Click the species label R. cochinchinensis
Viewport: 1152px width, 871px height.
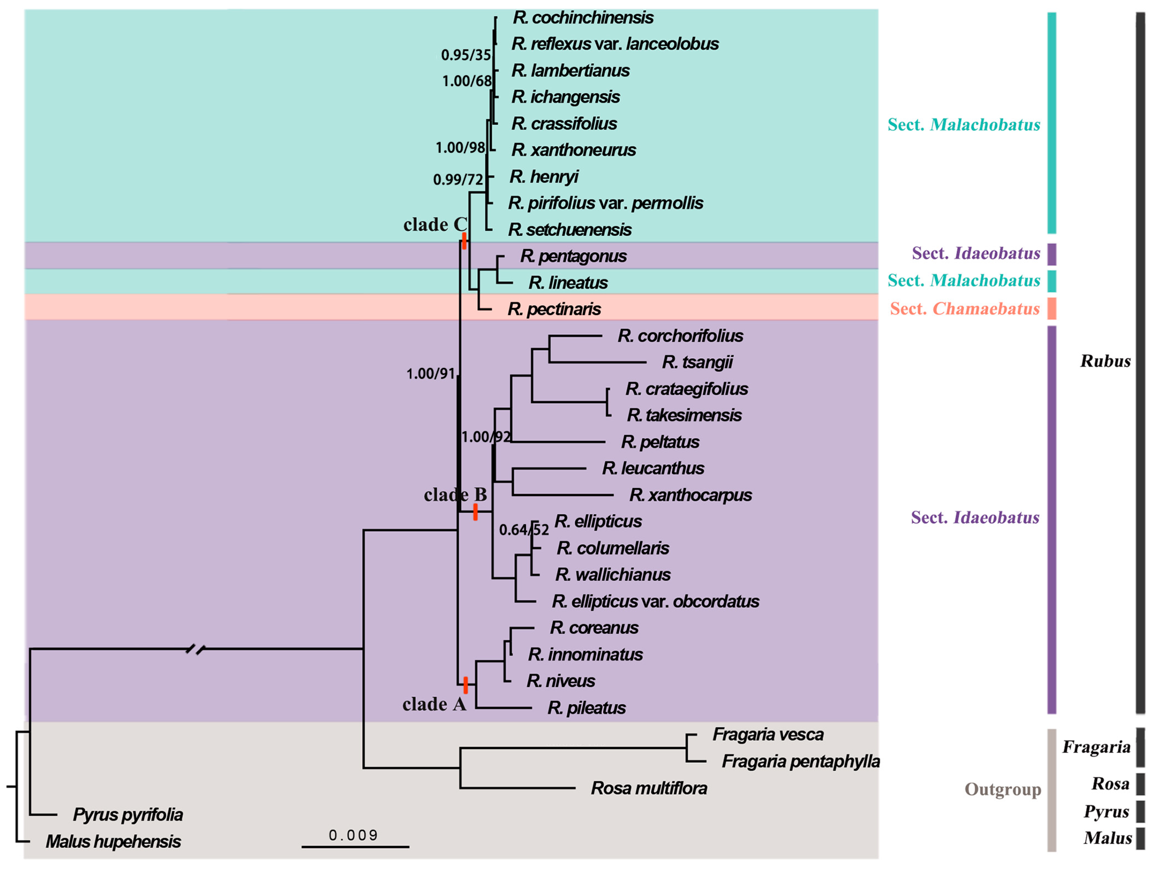583,18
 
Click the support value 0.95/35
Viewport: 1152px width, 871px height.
466,55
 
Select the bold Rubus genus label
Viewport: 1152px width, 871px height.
1105,361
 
